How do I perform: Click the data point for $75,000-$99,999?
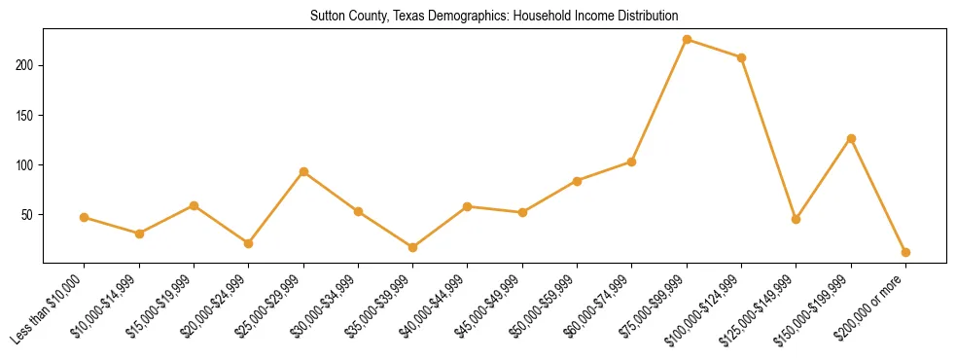(x=687, y=40)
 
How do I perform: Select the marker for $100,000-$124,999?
(x=741, y=57)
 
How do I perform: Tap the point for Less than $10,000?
(x=85, y=217)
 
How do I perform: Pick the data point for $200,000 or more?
(x=905, y=252)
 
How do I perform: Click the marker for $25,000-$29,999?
(x=303, y=171)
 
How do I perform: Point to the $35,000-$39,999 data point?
(x=413, y=247)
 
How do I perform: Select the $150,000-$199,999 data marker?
(x=851, y=138)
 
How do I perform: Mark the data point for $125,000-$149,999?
(x=796, y=219)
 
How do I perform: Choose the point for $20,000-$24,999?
(x=249, y=243)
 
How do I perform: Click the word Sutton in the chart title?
(x=327, y=17)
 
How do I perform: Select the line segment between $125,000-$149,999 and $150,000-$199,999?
(x=824, y=179)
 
